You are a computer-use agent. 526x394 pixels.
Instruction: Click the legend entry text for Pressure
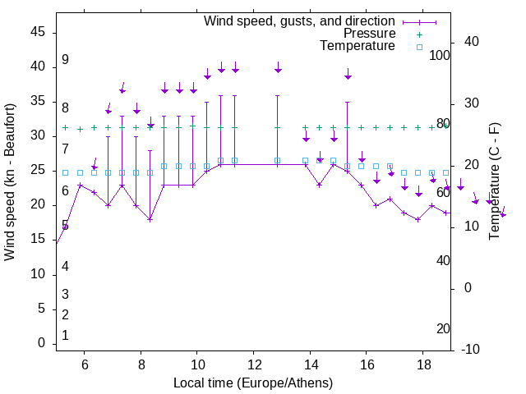[x=370, y=34]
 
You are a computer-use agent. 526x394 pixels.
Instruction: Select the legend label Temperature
[x=358, y=46]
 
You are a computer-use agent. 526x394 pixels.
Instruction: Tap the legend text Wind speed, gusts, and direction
[x=299, y=21]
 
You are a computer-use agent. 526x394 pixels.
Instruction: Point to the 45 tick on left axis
[x=38, y=32]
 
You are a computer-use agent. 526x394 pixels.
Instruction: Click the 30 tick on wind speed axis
[x=38, y=135]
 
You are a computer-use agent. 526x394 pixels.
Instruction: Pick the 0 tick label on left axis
[x=42, y=343]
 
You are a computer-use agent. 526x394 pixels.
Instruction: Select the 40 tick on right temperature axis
[x=460, y=42]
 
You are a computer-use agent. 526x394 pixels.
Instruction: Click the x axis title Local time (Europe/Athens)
[x=253, y=383]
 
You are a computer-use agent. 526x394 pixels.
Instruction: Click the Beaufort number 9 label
[x=65, y=60]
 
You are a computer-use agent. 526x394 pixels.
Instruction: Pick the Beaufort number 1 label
[x=65, y=336]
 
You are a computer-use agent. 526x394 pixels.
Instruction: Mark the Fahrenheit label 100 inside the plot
[x=440, y=56]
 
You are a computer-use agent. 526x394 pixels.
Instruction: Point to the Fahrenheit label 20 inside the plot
[x=443, y=328]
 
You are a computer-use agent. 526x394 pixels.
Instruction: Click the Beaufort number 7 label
[x=65, y=149]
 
